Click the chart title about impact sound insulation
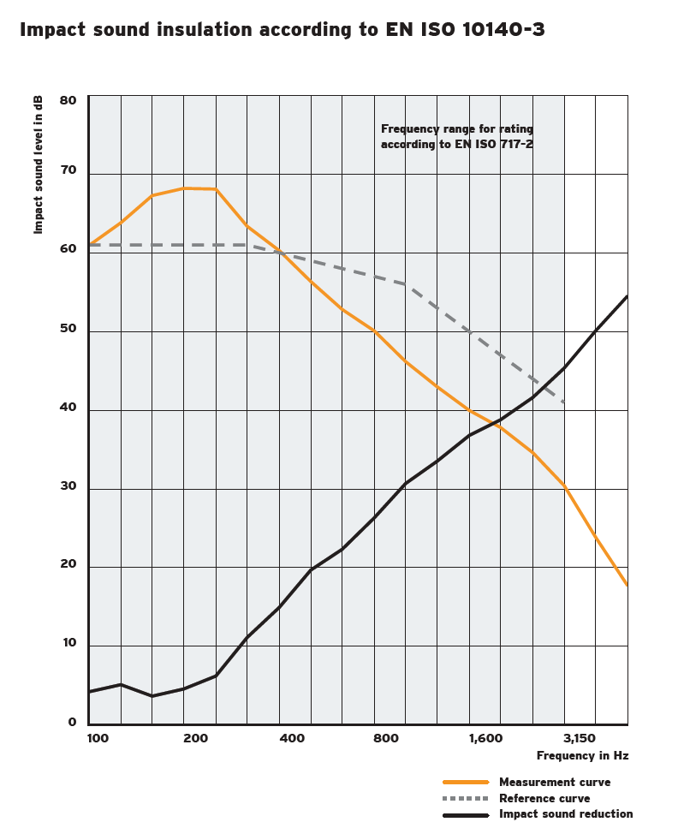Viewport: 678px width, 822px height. pyautogui.click(x=282, y=30)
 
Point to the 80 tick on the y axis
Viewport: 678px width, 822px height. pyautogui.click(x=68, y=100)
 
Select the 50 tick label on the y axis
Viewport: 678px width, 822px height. pyautogui.click(x=68, y=329)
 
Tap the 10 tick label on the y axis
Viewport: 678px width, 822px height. pyautogui.click(x=68, y=643)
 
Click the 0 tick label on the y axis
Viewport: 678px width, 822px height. pyautogui.click(x=72, y=722)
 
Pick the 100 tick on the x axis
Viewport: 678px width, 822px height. pyautogui.click(x=98, y=738)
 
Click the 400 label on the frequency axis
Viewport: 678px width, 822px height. pyautogui.click(x=292, y=738)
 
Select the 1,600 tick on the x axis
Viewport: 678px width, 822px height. pyautogui.click(x=485, y=738)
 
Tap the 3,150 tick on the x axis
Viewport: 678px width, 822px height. pyautogui.click(x=580, y=738)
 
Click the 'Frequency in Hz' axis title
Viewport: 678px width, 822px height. pyautogui.click(x=582, y=756)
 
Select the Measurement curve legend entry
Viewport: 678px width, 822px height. pyautogui.click(x=555, y=782)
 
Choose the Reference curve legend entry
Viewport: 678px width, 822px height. pyautogui.click(x=544, y=798)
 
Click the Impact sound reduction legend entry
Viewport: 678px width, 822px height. pyautogui.click(x=566, y=814)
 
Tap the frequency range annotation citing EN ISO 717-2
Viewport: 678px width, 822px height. pyautogui.click(x=457, y=137)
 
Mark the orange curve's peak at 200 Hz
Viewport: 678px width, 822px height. pyautogui.click(x=184, y=188)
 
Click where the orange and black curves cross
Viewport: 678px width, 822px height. pyautogui.click(x=500, y=422)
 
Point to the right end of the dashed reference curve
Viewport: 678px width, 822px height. pyautogui.click(x=564, y=402)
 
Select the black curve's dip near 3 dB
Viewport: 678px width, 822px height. pyautogui.click(x=152, y=696)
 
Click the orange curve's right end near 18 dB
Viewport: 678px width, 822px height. pyautogui.click(x=627, y=586)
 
